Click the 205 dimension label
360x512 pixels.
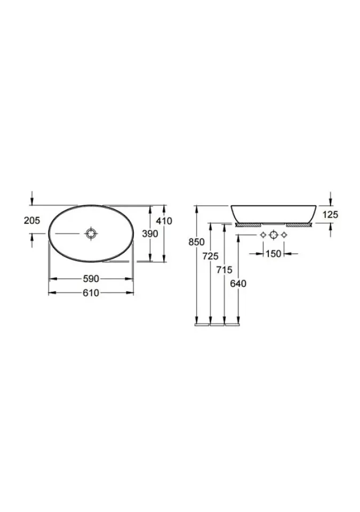[31, 220]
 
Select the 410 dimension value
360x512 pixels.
[164, 221]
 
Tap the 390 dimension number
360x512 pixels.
[150, 234]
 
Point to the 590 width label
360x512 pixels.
[91, 279]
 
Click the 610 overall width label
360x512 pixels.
[91, 293]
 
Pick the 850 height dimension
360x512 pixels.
[196, 242]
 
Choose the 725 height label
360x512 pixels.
[210, 256]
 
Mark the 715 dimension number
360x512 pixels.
[224, 270]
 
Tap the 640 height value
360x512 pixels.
[238, 284]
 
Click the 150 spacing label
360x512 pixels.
[274, 253]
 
